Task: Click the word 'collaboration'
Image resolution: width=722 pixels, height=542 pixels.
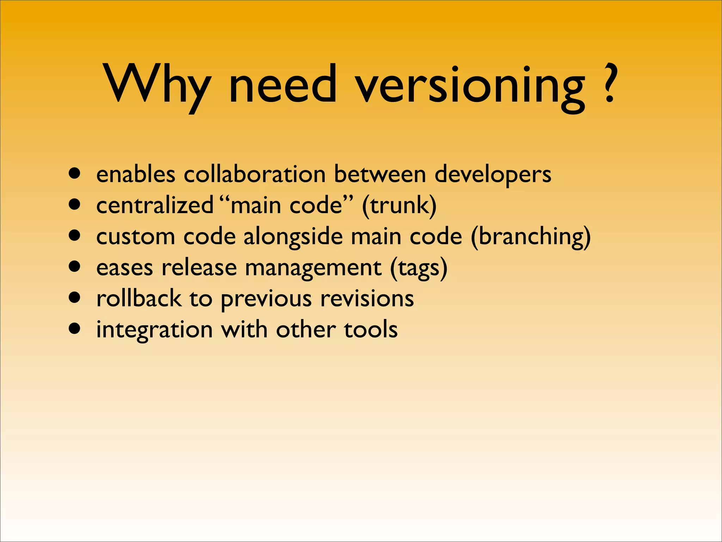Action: [x=255, y=174]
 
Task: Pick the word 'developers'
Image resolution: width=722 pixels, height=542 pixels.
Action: [x=493, y=175]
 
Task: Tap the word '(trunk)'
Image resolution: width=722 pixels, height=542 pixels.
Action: [x=399, y=206]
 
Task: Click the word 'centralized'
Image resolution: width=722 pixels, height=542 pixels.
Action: [x=155, y=205]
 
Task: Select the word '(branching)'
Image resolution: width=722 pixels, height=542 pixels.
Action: [x=531, y=237]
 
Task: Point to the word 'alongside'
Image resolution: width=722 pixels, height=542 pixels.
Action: [x=293, y=237]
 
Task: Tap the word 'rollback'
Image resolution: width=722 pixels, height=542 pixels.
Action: [x=139, y=299]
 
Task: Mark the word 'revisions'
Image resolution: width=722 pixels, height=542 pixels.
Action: [x=367, y=299]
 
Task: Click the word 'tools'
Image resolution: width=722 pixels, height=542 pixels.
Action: [x=371, y=330]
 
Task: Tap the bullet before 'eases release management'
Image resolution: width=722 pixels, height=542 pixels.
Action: [x=75, y=267]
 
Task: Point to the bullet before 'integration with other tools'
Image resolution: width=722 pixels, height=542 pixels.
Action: [x=75, y=329]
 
